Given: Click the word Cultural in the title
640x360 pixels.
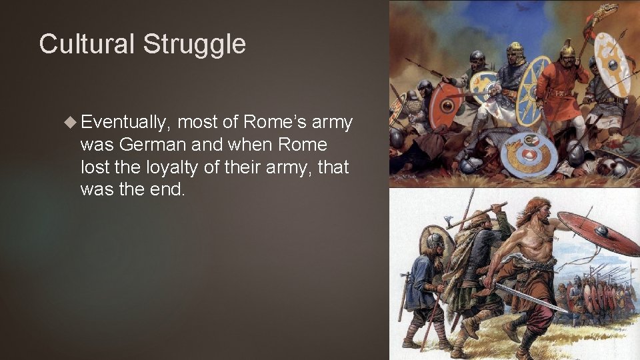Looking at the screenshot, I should click(x=87, y=44).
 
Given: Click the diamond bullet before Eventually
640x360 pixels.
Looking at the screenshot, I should click(x=71, y=122).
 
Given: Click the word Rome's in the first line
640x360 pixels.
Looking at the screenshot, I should click(x=274, y=122).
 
